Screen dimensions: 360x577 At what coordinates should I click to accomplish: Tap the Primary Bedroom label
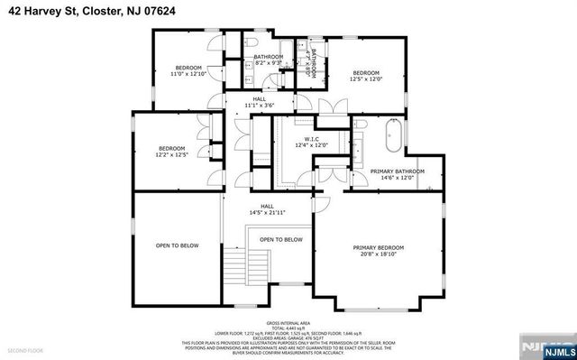pos(378,247)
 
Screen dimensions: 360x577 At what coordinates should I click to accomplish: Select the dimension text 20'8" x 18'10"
pos(378,254)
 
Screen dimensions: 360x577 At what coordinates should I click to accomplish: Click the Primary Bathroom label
pos(397,171)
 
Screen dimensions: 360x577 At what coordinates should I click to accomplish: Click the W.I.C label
pos(312,139)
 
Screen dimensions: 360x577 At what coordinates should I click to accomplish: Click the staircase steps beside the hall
pos(235,266)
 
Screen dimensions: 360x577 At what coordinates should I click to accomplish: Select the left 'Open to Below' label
pos(177,245)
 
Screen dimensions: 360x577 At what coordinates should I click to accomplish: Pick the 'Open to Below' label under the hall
pos(280,239)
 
